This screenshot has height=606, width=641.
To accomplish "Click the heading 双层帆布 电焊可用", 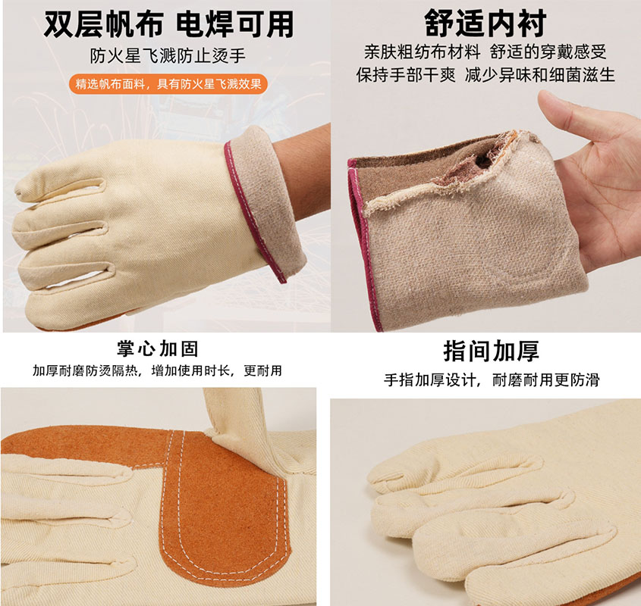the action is (x=168, y=23).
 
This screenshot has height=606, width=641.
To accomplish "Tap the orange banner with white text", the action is (x=168, y=84).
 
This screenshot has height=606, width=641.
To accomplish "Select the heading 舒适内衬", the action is (x=485, y=23).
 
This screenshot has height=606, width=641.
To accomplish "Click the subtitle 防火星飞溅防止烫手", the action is (x=168, y=55).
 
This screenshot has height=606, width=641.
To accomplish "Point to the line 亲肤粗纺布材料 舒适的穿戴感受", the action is (x=485, y=52).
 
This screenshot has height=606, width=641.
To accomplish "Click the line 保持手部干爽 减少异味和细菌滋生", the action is (x=485, y=75).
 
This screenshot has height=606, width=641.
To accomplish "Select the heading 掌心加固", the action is (x=158, y=349).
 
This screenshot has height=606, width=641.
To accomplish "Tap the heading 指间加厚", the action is (x=492, y=351).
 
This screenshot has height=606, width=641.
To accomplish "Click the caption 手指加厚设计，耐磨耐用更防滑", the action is (x=492, y=380).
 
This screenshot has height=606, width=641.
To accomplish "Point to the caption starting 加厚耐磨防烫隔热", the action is (x=157, y=370).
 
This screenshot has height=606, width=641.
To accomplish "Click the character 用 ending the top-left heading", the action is (x=280, y=24).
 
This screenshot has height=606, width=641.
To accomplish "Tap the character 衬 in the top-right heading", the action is (x=532, y=23).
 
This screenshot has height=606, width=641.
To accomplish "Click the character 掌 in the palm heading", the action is (x=127, y=349).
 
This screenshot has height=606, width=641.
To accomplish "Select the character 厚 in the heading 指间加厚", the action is (x=528, y=351).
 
